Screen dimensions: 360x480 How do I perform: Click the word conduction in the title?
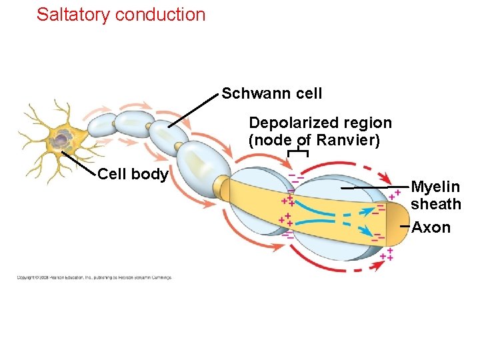click(x=160, y=15)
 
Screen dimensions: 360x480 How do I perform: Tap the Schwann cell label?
click(x=271, y=93)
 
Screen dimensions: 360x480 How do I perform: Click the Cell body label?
click(x=132, y=175)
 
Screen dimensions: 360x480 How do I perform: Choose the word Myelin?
click(x=435, y=187)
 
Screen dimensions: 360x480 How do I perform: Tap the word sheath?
click(x=435, y=204)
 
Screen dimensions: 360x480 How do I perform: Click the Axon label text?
click(x=431, y=227)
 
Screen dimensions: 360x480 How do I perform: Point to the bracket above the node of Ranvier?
click(x=297, y=153)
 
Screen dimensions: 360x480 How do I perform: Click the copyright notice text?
click(x=93, y=277)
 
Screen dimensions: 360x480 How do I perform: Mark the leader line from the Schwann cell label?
click(x=193, y=111)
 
